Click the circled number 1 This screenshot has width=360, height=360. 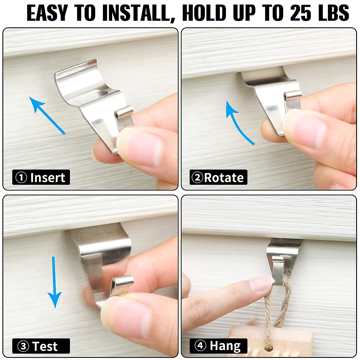21,178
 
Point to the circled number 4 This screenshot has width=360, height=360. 200,346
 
